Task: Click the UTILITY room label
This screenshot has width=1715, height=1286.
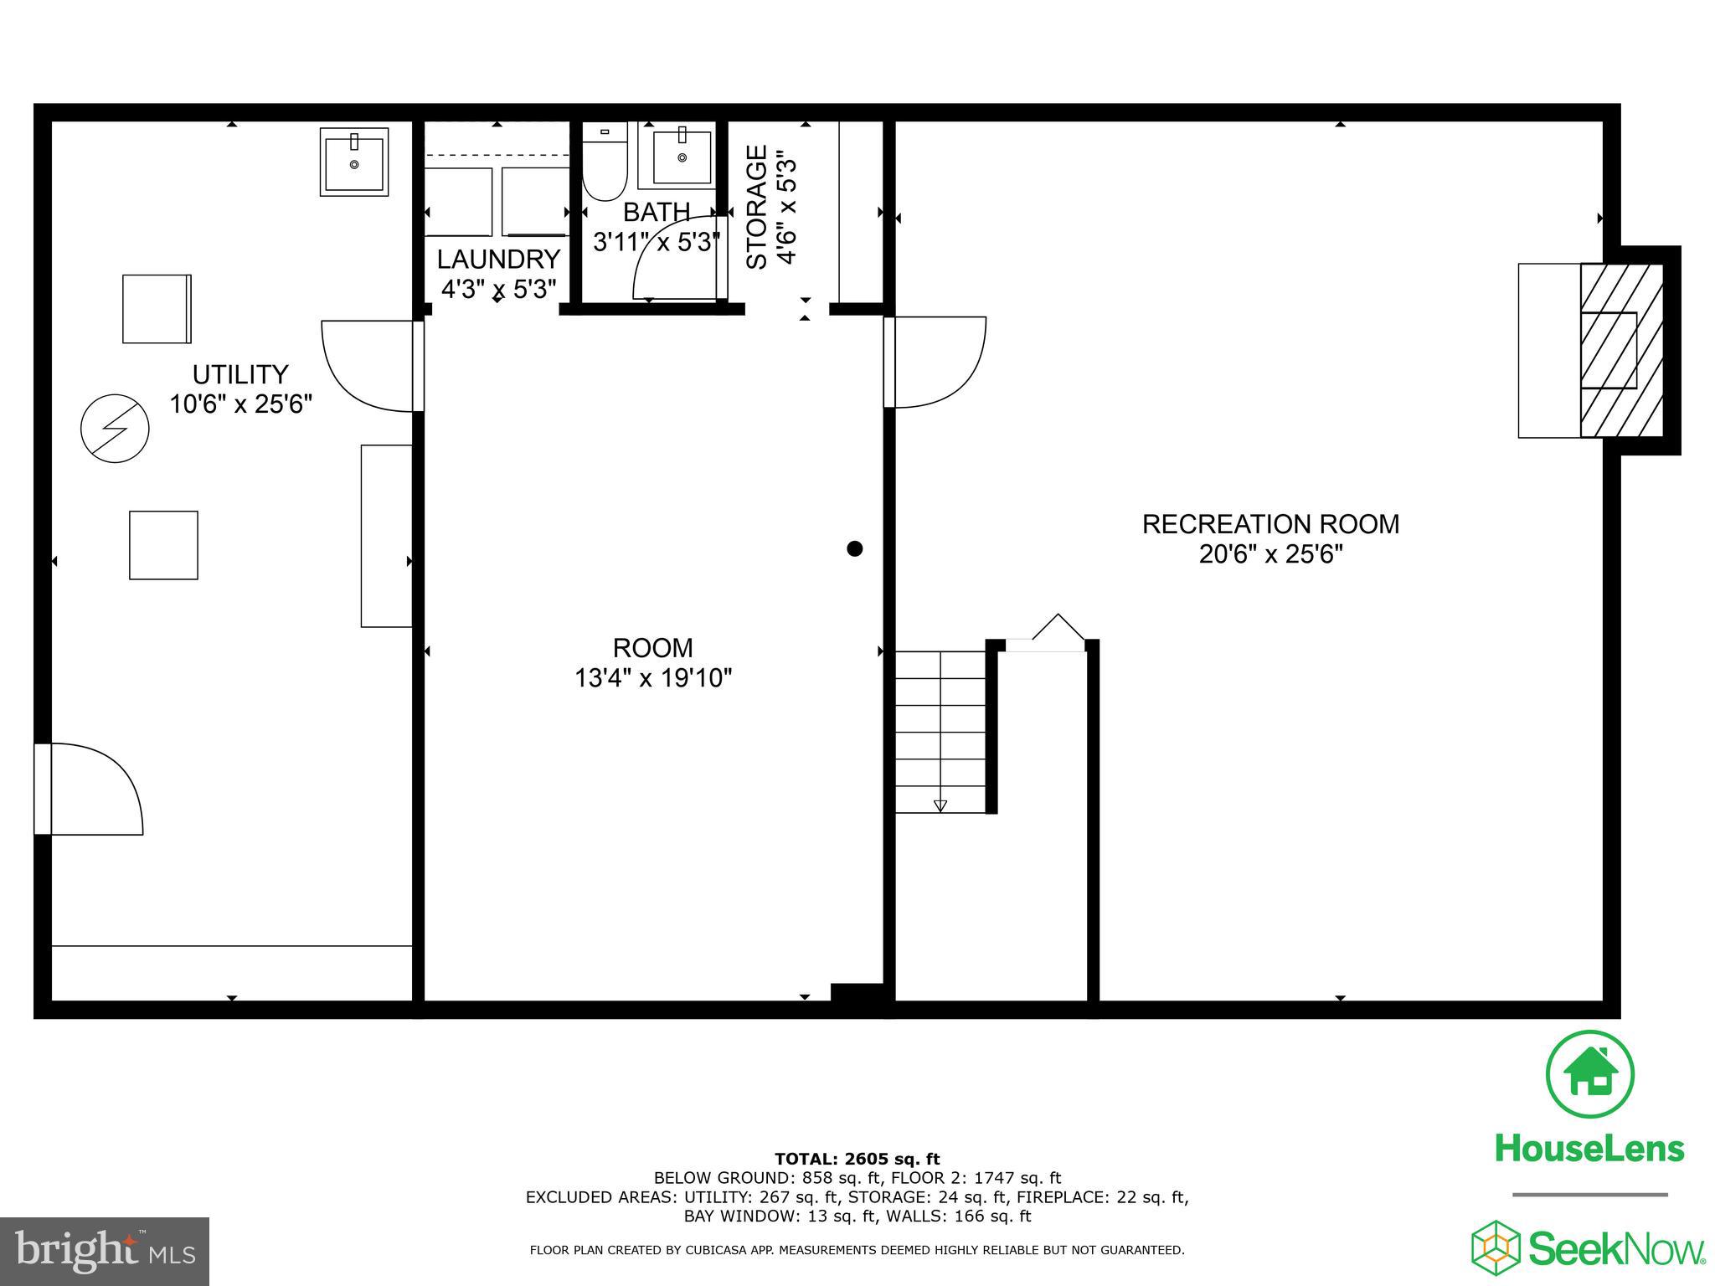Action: point(240,373)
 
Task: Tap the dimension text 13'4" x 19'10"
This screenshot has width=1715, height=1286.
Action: point(653,677)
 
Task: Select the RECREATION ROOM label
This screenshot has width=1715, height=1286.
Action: point(1270,524)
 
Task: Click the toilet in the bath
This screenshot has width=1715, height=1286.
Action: point(605,163)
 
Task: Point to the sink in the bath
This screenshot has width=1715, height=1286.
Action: point(682,157)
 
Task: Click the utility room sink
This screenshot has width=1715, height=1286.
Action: point(354,162)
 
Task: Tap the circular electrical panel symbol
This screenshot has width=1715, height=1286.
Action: point(115,429)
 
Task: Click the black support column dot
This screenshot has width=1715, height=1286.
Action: point(854,548)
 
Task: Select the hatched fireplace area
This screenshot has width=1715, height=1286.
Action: point(1620,350)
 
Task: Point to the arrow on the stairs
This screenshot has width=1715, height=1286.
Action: point(940,805)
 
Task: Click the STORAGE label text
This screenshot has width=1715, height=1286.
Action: point(756,207)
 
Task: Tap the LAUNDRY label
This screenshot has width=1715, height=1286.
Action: point(498,259)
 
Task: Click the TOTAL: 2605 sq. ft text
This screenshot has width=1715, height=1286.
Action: point(857,1159)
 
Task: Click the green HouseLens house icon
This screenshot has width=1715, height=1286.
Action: point(1589,1075)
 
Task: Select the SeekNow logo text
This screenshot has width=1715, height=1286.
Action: point(1616,1249)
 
